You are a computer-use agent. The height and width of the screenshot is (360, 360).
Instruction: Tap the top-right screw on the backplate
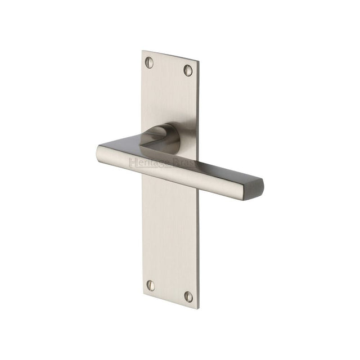[188, 69]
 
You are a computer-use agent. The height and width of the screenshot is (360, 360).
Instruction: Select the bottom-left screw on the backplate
[150, 286]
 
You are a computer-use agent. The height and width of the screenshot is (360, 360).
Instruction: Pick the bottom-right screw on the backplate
[188, 296]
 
